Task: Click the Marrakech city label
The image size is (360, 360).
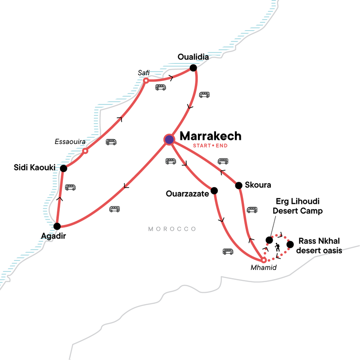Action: pyautogui.click(x=210, y=136)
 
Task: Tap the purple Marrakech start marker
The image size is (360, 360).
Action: pyautogui.click(x=169, y=139)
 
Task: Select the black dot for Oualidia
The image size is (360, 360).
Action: pyautogui.click(x=193, y=68)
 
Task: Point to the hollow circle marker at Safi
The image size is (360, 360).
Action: pyautogui.click(x=146, y=81)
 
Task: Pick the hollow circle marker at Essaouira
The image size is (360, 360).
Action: pyautogui.click(x=85, y=151)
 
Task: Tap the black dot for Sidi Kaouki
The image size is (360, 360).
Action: pyautogui.click(x=63, y=168)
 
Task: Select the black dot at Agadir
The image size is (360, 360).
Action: pyautogui.click(x=57, y=226)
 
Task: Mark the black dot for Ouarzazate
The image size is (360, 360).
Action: pyautogui.click(x=214, y=190)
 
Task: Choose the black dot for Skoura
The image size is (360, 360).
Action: pyautogui.click(x=238, y=185)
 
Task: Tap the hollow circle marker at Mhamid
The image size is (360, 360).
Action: pyautogui.click(x=264, y=260)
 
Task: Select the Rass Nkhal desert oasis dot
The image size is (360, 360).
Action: pyautogui.click(x=290, y=244)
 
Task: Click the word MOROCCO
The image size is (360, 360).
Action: pyautogui.click(x=172, y=229)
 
